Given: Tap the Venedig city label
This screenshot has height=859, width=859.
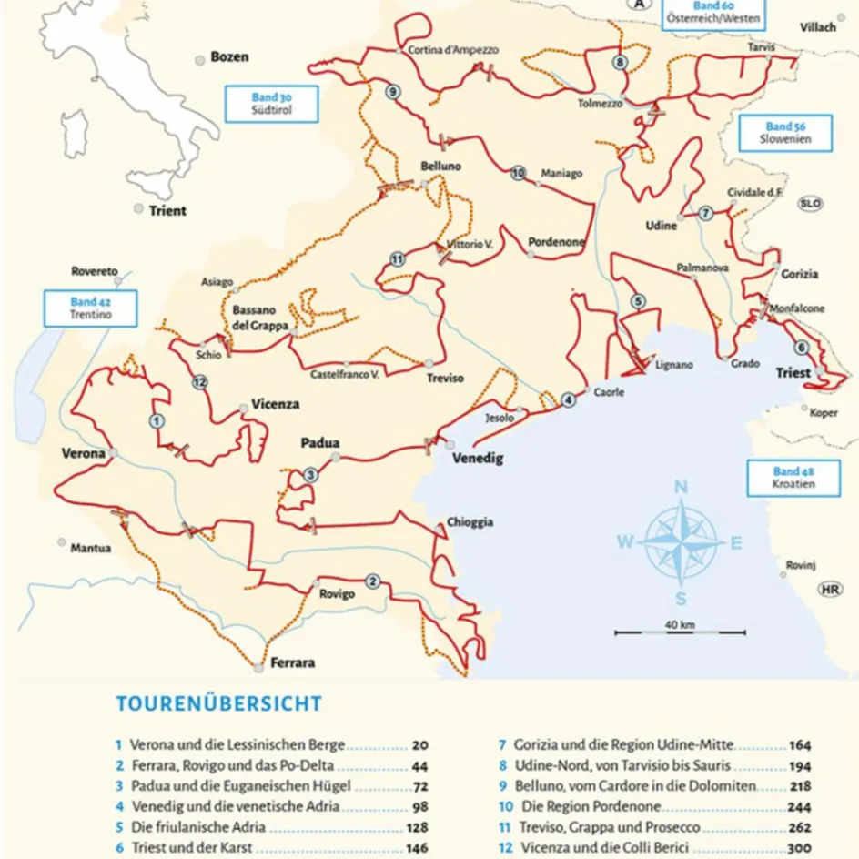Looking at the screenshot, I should [x=478, y=459].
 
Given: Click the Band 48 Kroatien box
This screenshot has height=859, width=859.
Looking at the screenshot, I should [x=781, y=478].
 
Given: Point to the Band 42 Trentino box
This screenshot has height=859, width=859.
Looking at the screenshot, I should [x=90, y=308].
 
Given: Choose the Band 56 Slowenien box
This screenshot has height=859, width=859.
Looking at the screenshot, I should [x=773, y=133].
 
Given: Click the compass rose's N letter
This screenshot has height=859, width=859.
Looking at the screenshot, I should [x=680, y=488].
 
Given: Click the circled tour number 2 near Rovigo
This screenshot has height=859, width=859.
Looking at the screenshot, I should [x=372, y=581].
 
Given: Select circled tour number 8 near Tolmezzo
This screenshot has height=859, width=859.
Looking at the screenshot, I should [x=620, y=62].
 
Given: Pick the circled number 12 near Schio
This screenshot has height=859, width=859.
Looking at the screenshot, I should [x=199, y=383].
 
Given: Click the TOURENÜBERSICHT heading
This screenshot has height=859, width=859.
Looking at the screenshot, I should [x=218, y=703].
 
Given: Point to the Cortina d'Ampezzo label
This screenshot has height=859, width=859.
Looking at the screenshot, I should [x=454, y=50].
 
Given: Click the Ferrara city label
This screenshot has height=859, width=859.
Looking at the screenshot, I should [x=292, y=662].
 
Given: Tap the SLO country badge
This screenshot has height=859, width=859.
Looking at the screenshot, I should [x=810, y=204].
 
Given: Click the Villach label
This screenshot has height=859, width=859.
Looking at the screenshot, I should [x=817, y=27].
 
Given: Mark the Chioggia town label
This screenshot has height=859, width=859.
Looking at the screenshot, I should [x=470, y=522].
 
